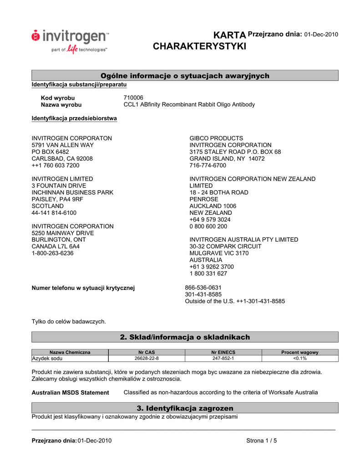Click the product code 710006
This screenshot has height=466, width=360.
click(x=133, y=98)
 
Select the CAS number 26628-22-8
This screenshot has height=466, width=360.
click(x=147, y=359)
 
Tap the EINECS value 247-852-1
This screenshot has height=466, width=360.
click(x=223, y=359)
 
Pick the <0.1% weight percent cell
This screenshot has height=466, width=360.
click(x=299, y=359)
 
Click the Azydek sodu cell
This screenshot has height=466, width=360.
click(x=47, y=359)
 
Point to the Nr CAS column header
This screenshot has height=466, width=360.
click(x=147, y=352)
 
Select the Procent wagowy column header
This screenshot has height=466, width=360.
click(x=299, y=352)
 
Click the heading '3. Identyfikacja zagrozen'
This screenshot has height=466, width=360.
click(x=185, y=408)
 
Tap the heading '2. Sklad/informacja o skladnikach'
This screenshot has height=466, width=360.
click(x=185, y=337)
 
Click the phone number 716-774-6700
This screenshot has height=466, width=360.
click(x=208, y=166)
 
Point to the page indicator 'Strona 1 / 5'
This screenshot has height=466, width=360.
click(x=261, y=441)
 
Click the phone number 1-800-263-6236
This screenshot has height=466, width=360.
click(x=52, y=253)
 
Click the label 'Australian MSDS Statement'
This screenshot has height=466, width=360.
click(x=70, y=393)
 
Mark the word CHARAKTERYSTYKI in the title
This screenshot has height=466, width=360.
click(x=199, y=46)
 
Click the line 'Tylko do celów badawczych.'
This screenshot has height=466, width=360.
click(x=68, y=322)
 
